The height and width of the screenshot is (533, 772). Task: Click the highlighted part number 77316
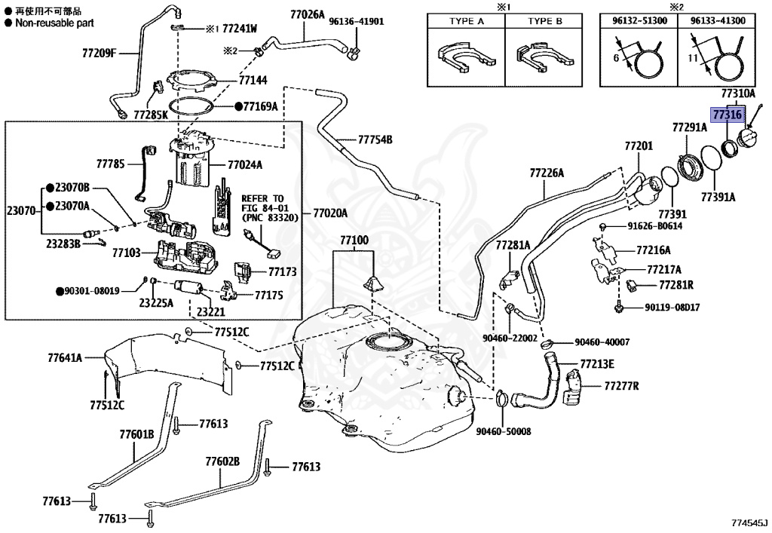pyautogui.click(x=728, y=115)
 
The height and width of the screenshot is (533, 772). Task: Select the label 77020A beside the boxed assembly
pyautogui.click(x=330, y=213)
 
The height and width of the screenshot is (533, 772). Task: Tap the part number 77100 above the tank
pyautogui.click(x=354, y=240)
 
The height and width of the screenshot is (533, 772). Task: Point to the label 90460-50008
pyautogui.click(x=503, y=431)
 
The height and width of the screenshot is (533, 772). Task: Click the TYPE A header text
pyautogui.click(x=466, y=21)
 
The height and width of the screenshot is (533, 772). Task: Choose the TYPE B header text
pyautogui.click(x=544, y=21)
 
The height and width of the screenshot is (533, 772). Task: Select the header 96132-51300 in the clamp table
pyautogui.click(x=639, y=20)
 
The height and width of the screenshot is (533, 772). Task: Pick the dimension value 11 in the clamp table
pyautogui.click(x=693, y=58)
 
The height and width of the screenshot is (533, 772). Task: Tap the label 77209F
pyautogui.click(x=99, y=53)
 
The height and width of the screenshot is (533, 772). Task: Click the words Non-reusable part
pyautogui.click(x=54, y=23)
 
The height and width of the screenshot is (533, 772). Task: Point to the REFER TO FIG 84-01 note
pyautogui.click(x=270, y=208)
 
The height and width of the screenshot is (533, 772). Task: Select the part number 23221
pyautogui.click(x=211, y=311)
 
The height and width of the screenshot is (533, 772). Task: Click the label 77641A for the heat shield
pyautogui.click(x=65, y=357)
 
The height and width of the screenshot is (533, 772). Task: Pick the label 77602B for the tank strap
pyautogui.click(x=222, y=461)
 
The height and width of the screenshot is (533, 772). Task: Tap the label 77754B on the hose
pyautogui.click(x=375, y=139)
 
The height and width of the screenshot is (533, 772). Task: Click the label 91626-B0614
pyautogui.click(x=655, y=226)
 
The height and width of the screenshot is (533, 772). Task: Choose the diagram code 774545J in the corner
pyautogui.click(x=749, y=522)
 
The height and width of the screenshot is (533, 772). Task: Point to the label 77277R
pyautogui.click(x=621, y=385)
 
